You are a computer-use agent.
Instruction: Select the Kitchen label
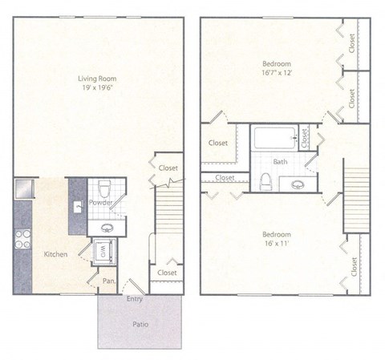pos(55,253)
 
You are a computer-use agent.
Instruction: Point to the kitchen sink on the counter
pos(77,207)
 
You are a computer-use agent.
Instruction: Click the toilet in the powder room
pos(102,188)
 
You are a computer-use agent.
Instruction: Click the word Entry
pos(135,299)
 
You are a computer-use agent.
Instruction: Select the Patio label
pos(140,324)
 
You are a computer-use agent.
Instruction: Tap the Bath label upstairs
pos(281,161)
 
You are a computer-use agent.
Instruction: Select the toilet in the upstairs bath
pos(265,181)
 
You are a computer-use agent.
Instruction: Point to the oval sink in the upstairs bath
pos(298,184)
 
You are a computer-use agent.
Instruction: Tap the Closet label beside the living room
pos(168,168)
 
